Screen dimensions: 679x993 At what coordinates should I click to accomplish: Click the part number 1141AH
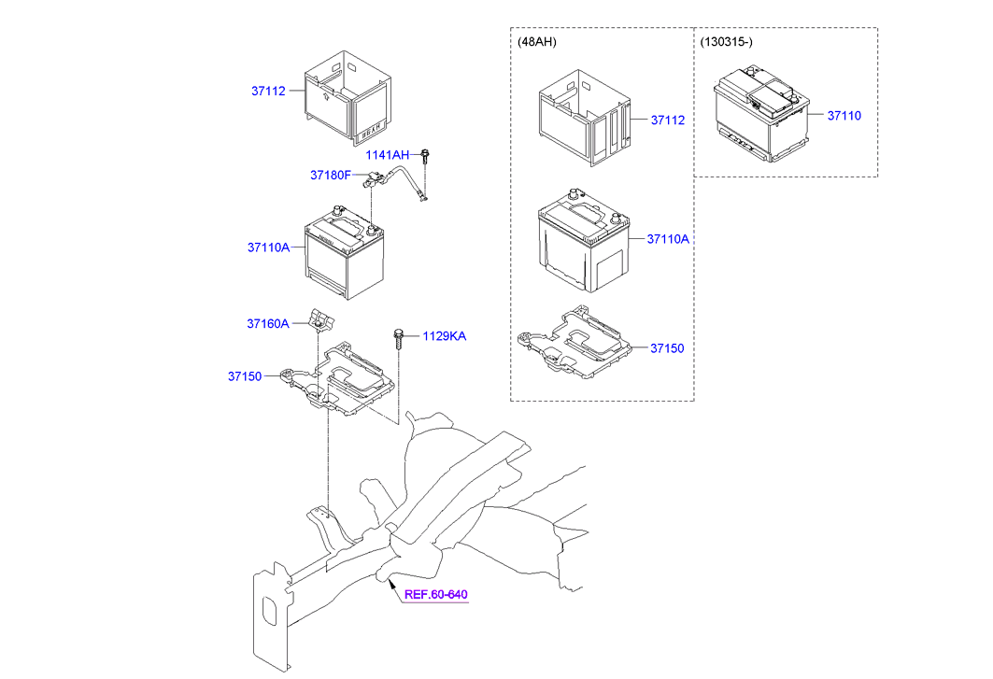click(387, 155)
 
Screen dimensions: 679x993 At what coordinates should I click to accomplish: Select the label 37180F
click(330, 175)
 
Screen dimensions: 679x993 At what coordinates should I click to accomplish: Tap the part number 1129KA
click(444, 336)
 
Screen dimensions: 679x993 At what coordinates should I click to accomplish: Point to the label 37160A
click(267, 323)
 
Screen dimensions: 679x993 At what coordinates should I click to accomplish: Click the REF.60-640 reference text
click(435, 595)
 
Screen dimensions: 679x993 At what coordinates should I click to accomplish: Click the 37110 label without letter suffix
click(844, 116)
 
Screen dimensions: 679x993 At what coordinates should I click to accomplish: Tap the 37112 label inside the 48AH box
click(667, 120)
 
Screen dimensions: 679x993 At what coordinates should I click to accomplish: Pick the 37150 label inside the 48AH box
click(667, 347)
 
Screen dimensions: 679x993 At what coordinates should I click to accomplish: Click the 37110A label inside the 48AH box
click(667, 238)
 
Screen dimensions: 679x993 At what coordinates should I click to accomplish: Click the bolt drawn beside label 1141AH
click(426, 156)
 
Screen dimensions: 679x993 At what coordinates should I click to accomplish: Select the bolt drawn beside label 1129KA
click(399, 338)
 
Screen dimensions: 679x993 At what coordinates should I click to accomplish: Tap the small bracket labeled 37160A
click(320, 320)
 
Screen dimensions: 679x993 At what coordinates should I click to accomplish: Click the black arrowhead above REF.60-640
click(390, 583)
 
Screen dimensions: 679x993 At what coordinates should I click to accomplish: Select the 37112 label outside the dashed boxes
click(267, 91)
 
